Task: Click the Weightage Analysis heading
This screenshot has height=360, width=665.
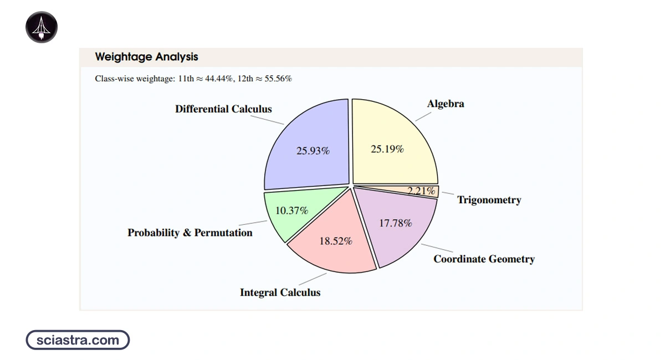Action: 146,57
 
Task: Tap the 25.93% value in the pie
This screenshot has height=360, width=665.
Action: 313,150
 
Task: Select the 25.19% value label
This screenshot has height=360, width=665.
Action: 387,148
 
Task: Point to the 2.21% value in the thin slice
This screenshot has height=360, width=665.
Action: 421,191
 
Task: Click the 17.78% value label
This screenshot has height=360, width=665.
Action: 395,223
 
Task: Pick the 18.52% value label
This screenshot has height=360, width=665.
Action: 335,241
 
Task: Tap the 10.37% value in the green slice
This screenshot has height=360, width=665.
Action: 291,210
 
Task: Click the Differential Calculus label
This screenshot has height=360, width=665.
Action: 223,109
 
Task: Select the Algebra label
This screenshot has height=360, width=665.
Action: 446,104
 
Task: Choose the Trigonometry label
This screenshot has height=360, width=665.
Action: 489,200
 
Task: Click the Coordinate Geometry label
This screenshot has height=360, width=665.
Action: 484,259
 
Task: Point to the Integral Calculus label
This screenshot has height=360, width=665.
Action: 280,292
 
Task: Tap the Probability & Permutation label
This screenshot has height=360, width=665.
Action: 190,233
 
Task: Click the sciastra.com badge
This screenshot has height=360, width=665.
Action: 78,340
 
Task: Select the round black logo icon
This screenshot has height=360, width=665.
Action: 42,27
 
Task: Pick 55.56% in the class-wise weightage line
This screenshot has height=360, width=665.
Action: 279,79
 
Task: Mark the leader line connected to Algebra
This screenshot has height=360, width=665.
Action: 423,116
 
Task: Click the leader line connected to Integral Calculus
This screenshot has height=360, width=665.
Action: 313,279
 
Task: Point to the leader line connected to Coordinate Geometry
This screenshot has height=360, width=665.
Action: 437,249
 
